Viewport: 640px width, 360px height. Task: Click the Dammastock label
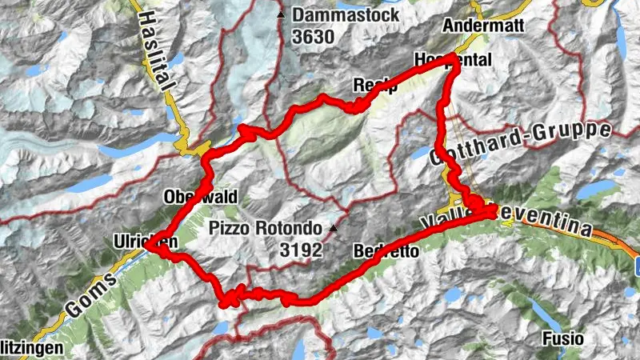point(340,14)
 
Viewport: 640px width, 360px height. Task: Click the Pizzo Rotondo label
point(265,228)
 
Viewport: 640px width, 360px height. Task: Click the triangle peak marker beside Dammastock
point(280,15)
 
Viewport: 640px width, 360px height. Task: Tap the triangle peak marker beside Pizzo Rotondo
point(334,230)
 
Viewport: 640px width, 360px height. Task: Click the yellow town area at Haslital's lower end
point(195,149)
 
